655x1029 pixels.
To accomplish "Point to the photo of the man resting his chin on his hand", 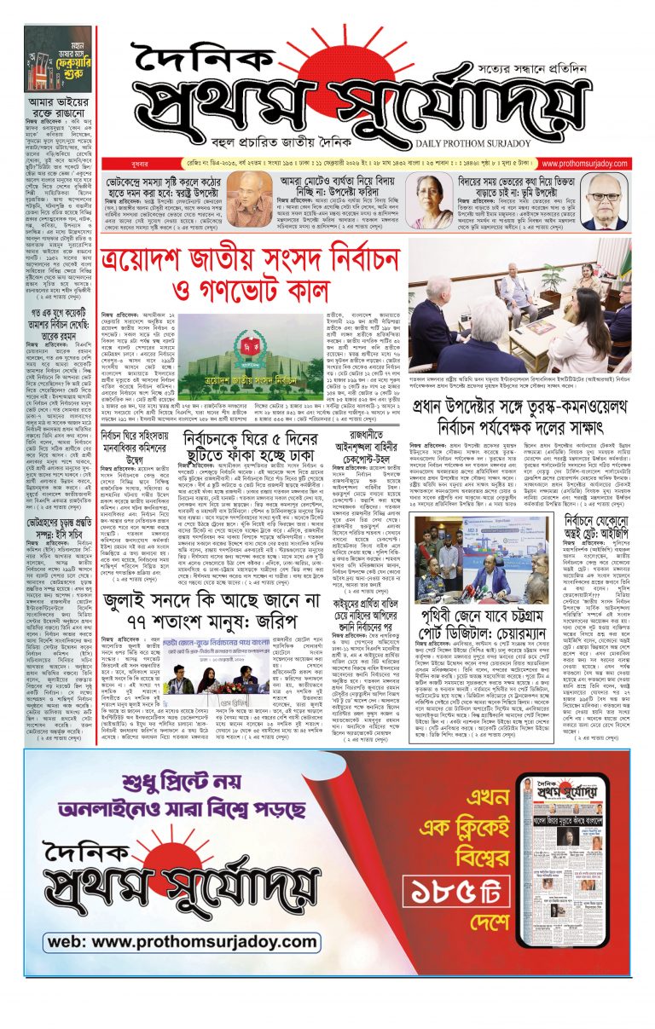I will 250,201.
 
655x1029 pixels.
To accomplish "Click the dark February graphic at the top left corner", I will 57,58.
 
